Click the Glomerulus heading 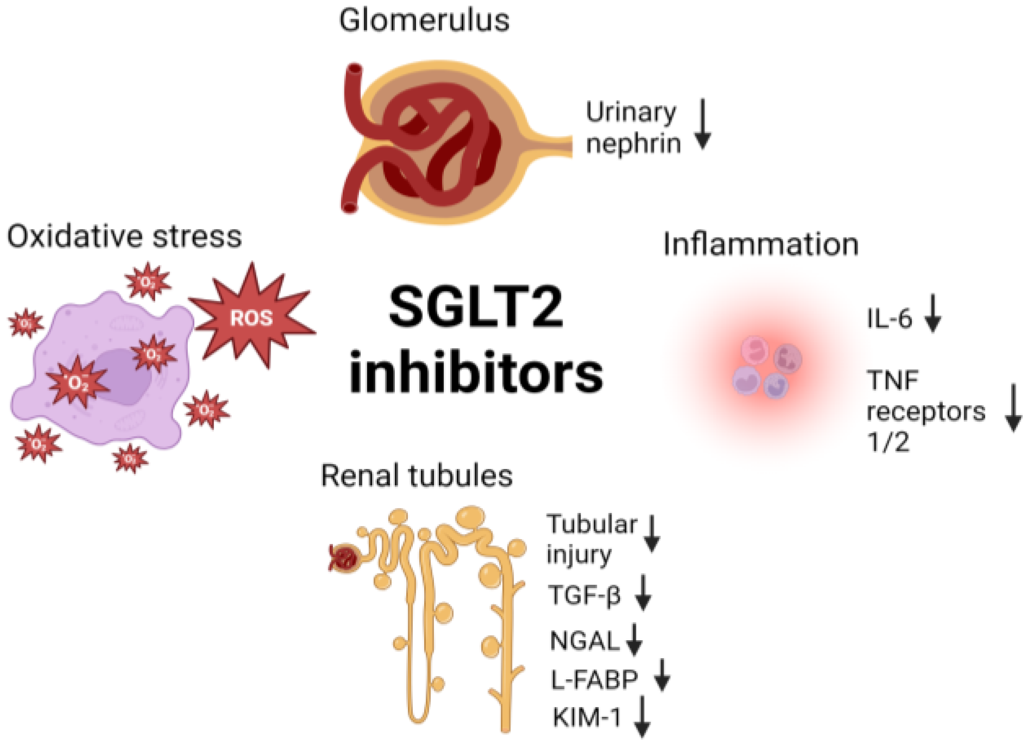point(424,21)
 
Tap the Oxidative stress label point(124,237)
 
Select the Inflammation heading point(761,244)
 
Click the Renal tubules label point(417,476)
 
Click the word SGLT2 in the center point(476,308)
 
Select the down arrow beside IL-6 point(933,313)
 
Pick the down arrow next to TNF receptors point(1013,408)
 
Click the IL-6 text point(889,319)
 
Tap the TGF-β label point(584,595)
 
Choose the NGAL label point(584,641)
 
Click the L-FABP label point(594,680)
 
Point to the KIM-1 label point(587,717)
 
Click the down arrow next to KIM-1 point(642,717)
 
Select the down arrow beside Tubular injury point(652,534)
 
